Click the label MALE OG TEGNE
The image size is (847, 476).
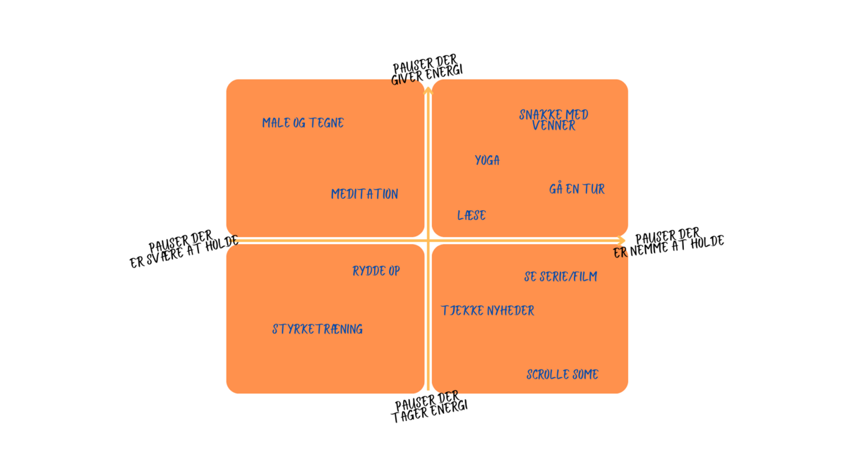coord(303,123)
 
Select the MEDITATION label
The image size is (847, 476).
coord(364,194)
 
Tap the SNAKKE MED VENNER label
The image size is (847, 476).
coord(553,120)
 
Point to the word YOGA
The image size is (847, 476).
coord(487,161)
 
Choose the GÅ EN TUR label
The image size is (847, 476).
coord(577,189)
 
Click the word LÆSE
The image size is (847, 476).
coord(471,215)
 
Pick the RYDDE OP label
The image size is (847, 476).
coord(376,271)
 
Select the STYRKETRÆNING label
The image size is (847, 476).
coord(318,329)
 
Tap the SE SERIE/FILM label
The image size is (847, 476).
coord(560,276)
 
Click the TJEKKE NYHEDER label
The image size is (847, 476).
coord(488,310)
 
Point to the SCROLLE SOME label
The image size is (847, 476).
coord(563,374)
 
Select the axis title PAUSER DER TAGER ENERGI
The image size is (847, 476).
coord(430,408)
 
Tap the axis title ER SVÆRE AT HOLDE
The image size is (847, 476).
coord(184,251)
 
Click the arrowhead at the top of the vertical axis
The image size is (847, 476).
coord(428,88)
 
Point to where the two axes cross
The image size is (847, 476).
coord(428,240)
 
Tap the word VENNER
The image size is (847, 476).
coord(554,126)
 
